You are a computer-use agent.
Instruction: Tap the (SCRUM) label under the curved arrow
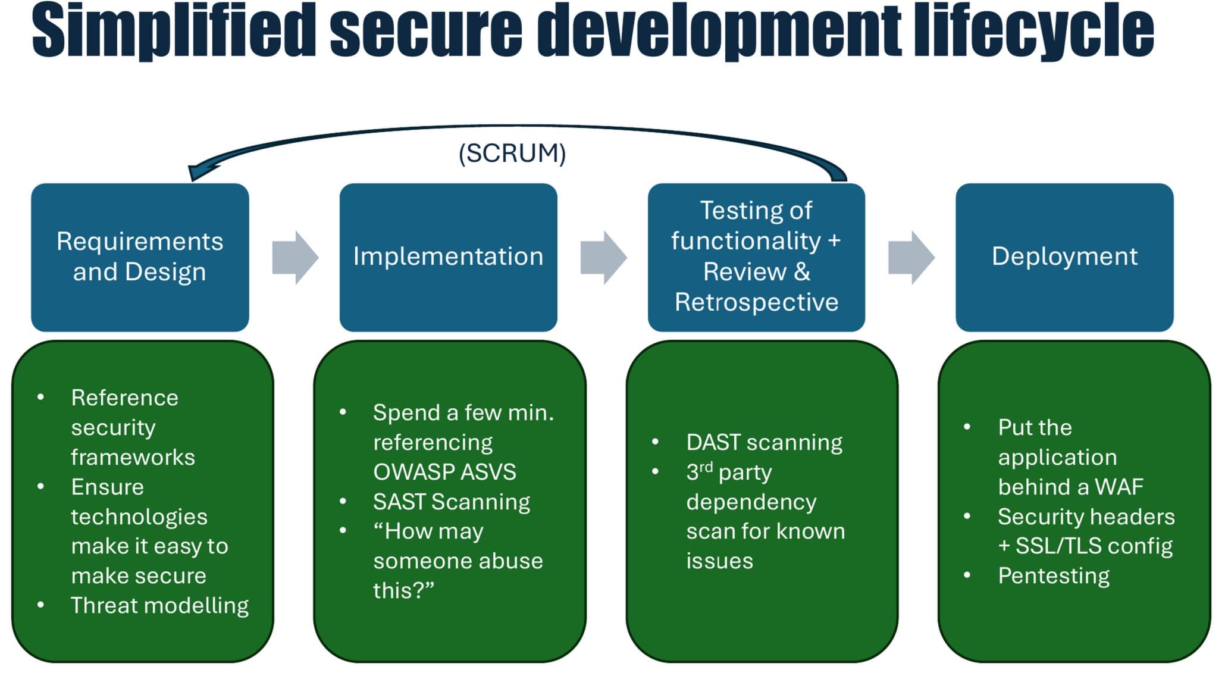click(512, 153)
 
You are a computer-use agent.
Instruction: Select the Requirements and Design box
click(140, 257)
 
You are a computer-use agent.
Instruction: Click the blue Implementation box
click(448, 257)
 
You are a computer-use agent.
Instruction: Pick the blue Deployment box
click(1064, 257)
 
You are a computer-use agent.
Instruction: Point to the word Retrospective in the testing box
click(756, 302)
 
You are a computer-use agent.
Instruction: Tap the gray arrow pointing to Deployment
click(911, 258)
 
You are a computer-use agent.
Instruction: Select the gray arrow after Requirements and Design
click(295, 258)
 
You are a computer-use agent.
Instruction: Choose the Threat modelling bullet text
click(159, 605)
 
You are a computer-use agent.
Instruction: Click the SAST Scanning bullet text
click(451, 502)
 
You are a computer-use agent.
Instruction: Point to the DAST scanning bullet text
click(764, 442)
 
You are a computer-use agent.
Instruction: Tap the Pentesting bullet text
click(1054, 575)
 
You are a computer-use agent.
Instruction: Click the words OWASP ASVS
click(444, 472)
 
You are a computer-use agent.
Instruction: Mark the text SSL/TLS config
click(1094, 546)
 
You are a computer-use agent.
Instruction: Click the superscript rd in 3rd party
click(706, 467)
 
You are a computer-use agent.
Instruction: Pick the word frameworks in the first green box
click(133, 457)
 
